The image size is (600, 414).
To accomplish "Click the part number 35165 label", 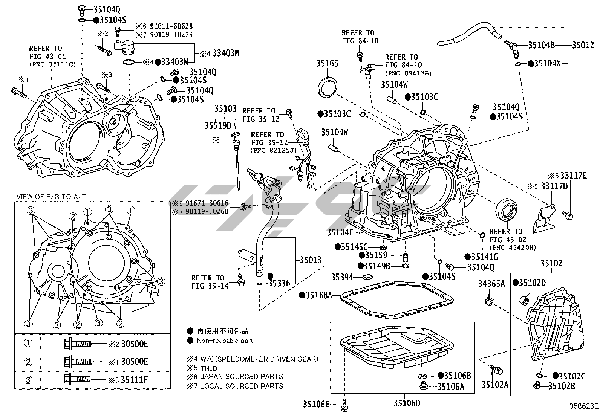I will [x=327, y=63].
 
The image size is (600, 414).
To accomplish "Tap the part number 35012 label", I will [x=583, y=45].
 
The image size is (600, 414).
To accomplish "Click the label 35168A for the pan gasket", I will [x=318, y=295].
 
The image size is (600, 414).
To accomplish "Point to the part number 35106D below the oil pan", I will [x=406, y=403].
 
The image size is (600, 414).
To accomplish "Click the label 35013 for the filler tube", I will [x=311, y=260].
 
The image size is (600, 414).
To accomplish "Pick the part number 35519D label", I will [x=218, y=125].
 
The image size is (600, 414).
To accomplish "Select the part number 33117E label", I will [x=573, y=175].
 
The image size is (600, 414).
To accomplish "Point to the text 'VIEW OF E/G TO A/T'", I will [x=51, y=197].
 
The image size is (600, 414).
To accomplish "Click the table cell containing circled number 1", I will [x=28, y=343].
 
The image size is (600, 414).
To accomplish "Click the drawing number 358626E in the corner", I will [x=584, y=406].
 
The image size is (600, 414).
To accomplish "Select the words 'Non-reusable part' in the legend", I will [x=225, y=341].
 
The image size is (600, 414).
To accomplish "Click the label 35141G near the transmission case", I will [x=485, y=257].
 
